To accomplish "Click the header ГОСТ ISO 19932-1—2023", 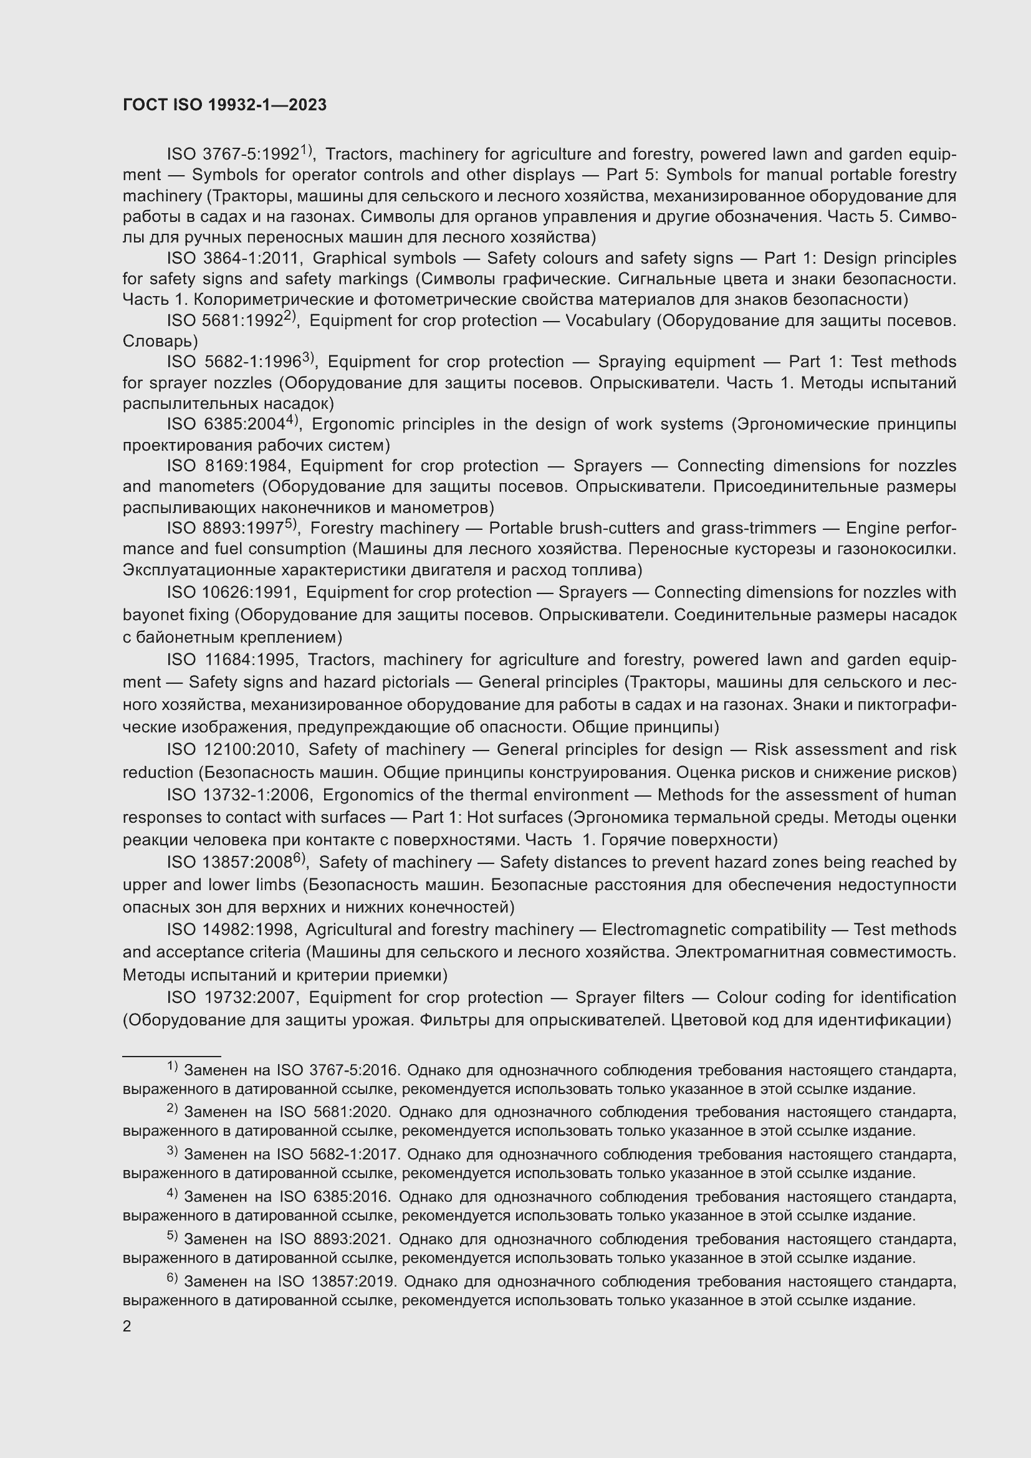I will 225,105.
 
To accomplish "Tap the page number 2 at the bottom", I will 127,1326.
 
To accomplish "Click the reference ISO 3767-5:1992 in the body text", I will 233,155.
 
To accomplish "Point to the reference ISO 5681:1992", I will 224,320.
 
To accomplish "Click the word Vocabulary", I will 608,320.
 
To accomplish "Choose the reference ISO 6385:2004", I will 226,424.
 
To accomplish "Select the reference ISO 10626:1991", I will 231,592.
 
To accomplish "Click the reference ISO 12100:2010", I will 232,750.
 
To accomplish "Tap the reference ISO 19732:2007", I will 232,997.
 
